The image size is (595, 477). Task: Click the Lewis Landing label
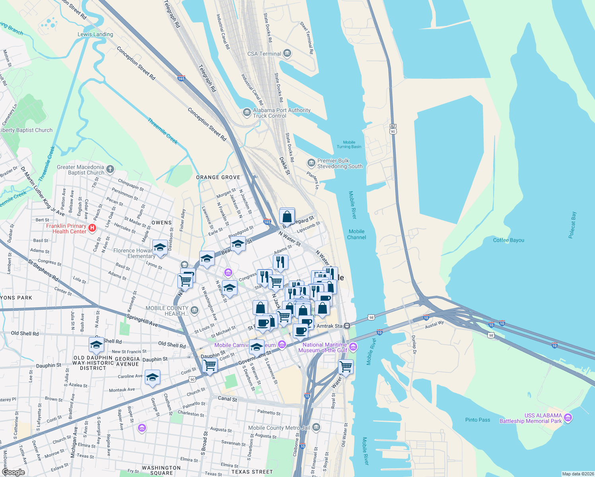click(95, 35)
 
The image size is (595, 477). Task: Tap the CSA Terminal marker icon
click(287, 54)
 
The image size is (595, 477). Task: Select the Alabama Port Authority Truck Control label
click(282, 113)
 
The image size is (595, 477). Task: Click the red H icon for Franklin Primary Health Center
click(92, 228)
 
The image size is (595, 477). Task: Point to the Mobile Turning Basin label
click(349, 144)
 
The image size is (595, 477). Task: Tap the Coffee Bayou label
click(508, 240)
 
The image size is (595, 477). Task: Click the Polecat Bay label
click(572, 225)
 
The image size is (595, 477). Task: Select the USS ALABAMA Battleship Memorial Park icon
click(568, 418)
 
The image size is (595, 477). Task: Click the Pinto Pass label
click(478, 420)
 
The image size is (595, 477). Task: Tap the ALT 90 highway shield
click(393, 129)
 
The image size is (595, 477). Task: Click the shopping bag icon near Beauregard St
click(287, 217)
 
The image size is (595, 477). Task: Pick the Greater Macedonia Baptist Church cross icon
click(110, 170)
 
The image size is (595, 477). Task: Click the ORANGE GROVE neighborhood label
click(218, 177)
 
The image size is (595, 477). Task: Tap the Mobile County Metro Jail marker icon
click(316, 428)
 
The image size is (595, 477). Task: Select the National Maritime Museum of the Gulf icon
click(353, 347)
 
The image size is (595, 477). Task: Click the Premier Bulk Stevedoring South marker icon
click(311, 163)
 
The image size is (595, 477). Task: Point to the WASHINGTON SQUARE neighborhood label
click(161, 471)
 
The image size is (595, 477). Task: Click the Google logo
click(13, 472)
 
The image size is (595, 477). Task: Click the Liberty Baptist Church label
click(26, 130)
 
